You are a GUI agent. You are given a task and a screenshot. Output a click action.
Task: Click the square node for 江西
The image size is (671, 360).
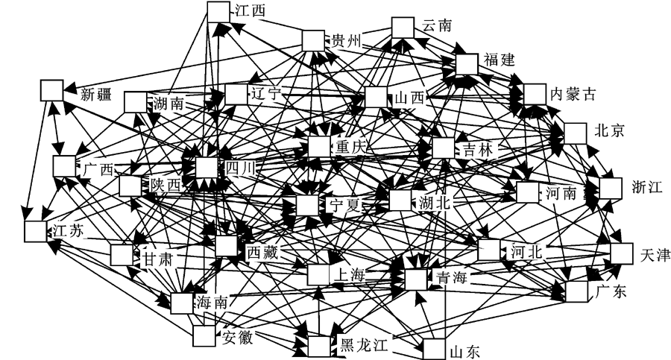[x=218, y=11]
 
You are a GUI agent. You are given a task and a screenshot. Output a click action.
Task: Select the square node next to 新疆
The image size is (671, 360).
[x=51, y=90]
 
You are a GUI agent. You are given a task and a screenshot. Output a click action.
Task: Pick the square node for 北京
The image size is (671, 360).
[x=575, y=133]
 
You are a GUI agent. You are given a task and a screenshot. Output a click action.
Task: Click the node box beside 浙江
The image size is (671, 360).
[x=610, y=188]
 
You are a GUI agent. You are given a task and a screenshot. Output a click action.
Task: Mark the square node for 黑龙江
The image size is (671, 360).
[x=318, y=347]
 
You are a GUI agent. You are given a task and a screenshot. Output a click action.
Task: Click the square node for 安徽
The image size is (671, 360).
[x=204, y=337]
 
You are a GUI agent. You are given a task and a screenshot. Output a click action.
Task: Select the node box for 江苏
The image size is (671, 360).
[x=36, y=231]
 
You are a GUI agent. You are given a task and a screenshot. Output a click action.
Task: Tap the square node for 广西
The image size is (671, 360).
[x=64, y=166]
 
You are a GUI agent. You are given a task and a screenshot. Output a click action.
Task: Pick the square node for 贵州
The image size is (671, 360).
[x=313, y=40]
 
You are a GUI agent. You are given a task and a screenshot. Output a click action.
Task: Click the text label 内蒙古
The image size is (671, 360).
[x=573, y=95]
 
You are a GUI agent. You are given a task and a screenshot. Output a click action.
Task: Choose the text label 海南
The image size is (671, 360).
[x=213, y=303]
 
